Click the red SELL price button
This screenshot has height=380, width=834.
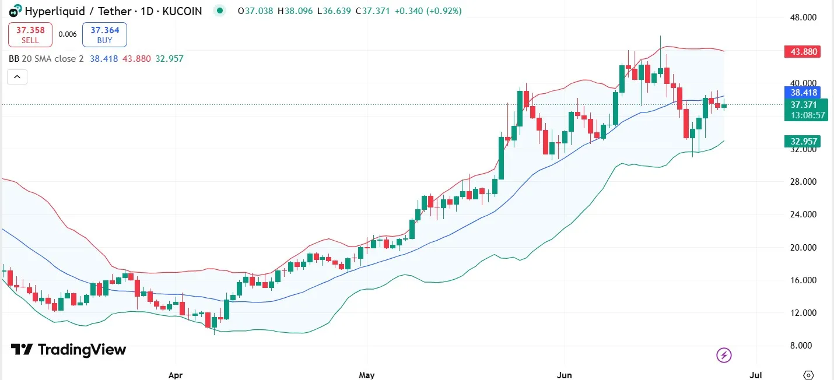point(30,34)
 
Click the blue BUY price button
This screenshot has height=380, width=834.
point(104,34)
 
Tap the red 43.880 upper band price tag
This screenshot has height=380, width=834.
point(803,52)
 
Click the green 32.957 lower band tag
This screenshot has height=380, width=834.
point(803,141)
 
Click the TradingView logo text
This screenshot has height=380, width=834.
point(82,350)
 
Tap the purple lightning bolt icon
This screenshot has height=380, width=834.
point(724,354)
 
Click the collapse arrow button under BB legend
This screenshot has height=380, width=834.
point(17,76)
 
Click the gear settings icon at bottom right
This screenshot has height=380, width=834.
point(808,374)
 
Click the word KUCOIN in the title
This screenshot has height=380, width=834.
point(178,10)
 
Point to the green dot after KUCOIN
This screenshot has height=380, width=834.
point(219,10)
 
